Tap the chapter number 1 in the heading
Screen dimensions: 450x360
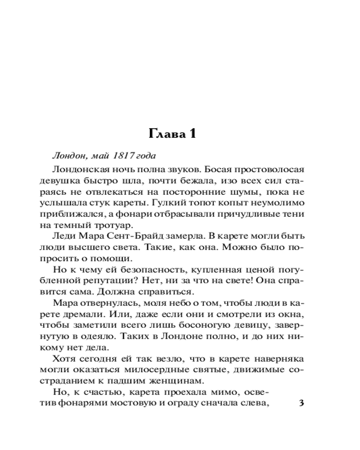192,134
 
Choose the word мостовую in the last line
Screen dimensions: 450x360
129,403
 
